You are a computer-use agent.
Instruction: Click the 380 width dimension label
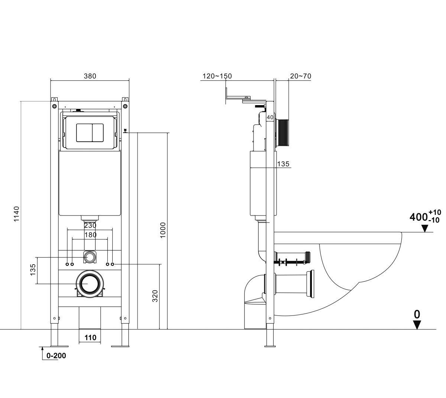click(x=90, y=76)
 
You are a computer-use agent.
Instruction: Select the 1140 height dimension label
click(x=16, y=214)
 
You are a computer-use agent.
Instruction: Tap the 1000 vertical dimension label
click(x=163, y=230)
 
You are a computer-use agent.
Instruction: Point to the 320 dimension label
click(x=155, y=296)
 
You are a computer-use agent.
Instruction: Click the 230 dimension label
click(x=90, y=226)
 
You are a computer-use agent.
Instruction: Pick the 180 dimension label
click(x=90, y=235)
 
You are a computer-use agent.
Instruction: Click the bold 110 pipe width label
click(x=90, y=337)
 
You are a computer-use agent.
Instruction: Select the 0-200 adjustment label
click(x=56, y=356)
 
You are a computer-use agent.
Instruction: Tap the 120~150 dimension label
click(x=217, y=76)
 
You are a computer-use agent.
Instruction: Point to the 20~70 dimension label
click(x=300, y=76)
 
